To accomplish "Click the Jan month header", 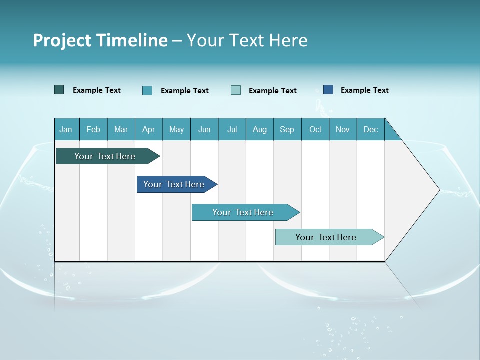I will point(66,129).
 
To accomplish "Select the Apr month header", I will point(149,129).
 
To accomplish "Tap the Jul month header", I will point(232,129).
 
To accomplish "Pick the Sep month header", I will point(287,129).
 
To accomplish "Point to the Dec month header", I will point(370,129).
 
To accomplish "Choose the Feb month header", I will point(93,129).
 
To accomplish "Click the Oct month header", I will point(315,129).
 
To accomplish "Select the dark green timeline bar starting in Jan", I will point(105,156).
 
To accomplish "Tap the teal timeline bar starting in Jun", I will point(243,212).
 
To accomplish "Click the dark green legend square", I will point(59,90).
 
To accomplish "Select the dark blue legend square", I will point(328,90).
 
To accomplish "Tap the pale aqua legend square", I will point(236,90).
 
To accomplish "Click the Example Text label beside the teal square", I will point(184,91).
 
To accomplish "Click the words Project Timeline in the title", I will point(100,40).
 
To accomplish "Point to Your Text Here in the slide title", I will point(247,40).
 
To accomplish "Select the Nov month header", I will point(343,129).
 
